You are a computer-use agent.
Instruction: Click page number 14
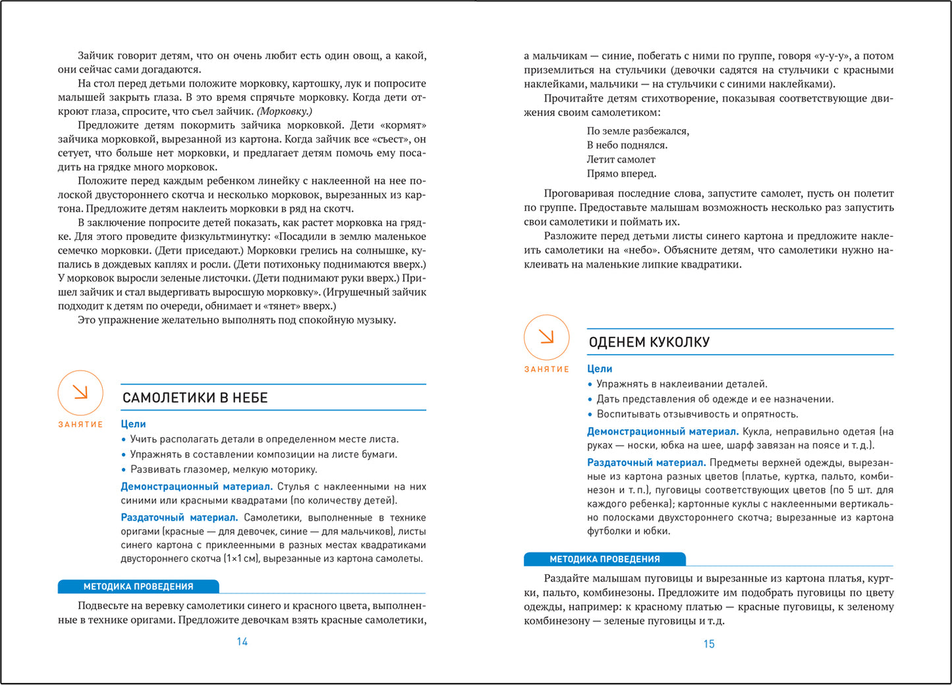click(x=242, y=641)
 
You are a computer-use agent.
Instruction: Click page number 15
click(x=709, y=644)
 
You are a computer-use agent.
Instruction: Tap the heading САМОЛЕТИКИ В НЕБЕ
click(x=195, y=398)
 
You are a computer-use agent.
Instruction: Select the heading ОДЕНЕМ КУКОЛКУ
click(x=649, y=342)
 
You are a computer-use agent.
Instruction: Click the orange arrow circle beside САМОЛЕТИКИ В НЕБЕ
click(x=80, y=393)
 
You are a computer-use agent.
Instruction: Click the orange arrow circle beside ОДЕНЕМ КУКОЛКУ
click(x=546, y=338)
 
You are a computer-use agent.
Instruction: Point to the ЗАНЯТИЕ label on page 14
click(x=80, y=425)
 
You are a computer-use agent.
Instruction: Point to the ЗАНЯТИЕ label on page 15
click(x=546, y=369)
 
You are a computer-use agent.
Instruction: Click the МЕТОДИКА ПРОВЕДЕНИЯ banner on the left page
click(x=138, y=586)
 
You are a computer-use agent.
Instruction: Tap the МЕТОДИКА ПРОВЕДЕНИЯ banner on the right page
click(x=604, y=559)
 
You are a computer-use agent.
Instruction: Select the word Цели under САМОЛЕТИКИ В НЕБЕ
click(x=133, y=424)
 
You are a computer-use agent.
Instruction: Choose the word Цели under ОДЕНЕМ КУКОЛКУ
click(x=600, y=369)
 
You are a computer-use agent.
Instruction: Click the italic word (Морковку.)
click(x=284, y=111)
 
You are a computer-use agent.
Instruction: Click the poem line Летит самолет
click(x=621, y=160)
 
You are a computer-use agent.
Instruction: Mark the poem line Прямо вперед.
click(x=621, y=174)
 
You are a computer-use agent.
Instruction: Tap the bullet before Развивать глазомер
click(x=123, y=470)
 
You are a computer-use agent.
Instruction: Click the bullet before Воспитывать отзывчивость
click(x=590, y=415)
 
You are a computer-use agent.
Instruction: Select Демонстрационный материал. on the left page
click(x=196, y=487)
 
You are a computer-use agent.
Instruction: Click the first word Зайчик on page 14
click(x=96, y=56)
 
